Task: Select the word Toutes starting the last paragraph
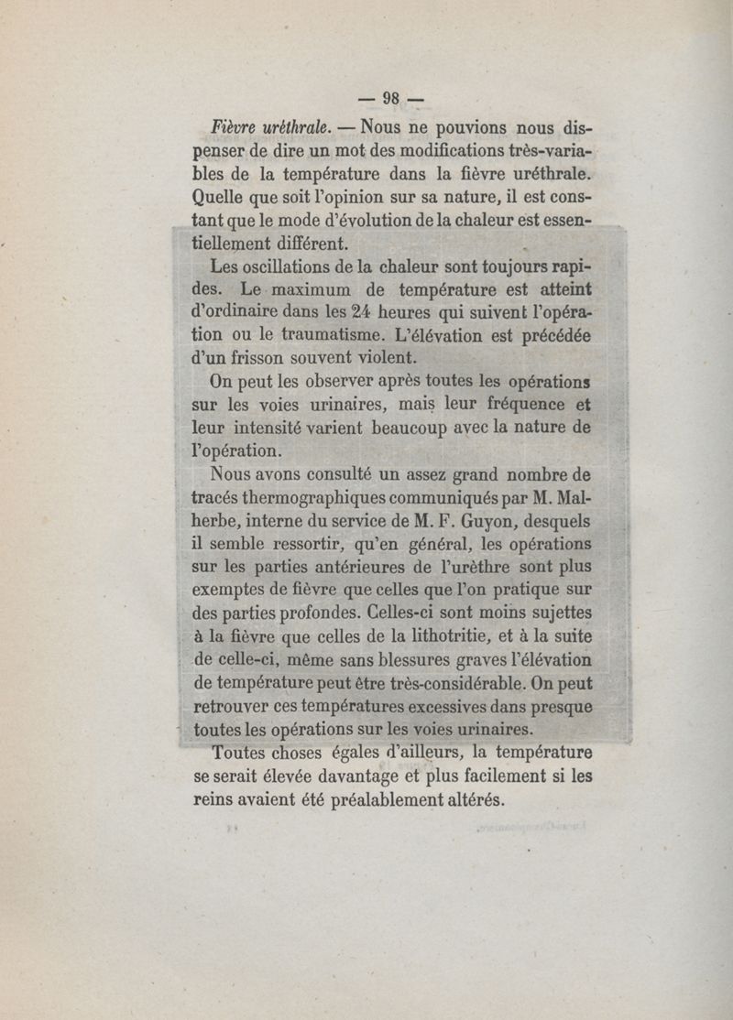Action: point(240,754)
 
